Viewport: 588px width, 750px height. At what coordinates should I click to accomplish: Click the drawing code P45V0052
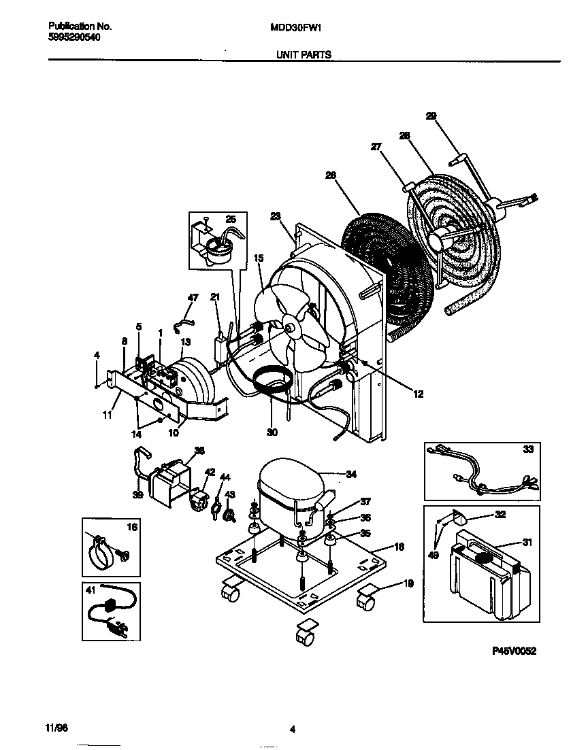pos(514,651)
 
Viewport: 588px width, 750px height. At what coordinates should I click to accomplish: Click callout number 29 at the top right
pos(431,116)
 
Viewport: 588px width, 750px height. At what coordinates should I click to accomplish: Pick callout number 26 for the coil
pos(331,175)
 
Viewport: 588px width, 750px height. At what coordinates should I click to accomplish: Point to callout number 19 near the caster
pos(408,583)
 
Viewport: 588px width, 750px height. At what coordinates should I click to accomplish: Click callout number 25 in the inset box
pos(230,219)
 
